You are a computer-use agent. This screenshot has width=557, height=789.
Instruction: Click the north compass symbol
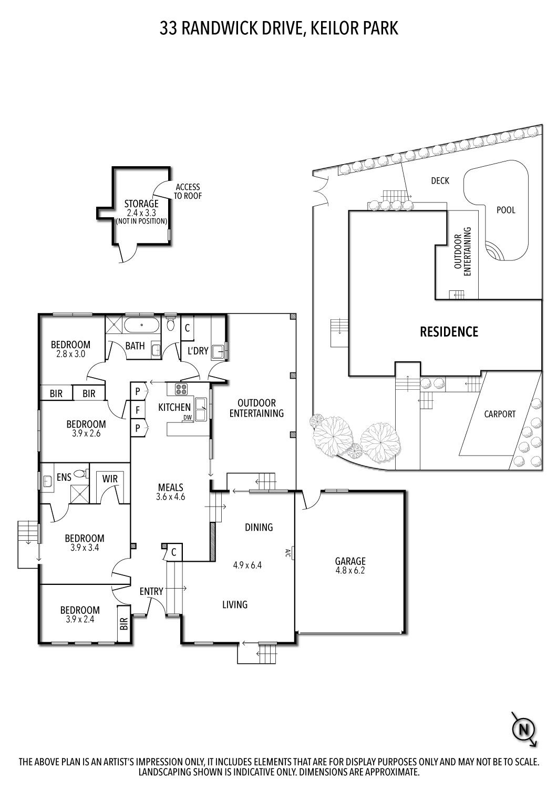[x=523, y=729]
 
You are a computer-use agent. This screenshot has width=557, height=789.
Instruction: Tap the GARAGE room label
[x=351, y=561]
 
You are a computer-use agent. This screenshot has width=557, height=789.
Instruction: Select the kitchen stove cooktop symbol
[x=181, y=390]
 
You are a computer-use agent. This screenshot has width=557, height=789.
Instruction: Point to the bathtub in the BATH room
[x=141, y=325]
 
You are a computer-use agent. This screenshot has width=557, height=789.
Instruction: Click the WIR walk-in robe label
[x=110, y=479]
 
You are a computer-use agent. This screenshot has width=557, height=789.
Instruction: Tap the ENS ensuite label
[x=64, y=477]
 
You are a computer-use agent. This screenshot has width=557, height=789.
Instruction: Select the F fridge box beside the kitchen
[x=138, y=409]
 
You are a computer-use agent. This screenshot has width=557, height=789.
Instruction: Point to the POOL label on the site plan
[x=506, y=210]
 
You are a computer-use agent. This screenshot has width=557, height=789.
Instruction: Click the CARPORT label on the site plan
[x=499, y=414]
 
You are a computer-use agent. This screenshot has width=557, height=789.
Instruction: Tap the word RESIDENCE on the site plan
[x=449, y=332]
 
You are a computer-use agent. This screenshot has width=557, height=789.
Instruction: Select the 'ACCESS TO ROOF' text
[x=188, y=191]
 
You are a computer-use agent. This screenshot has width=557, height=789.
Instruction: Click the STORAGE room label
[x=141, y=204]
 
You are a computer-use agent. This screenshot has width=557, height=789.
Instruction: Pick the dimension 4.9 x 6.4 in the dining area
[x=247, y=566]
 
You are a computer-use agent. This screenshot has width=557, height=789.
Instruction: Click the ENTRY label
[x=151, y=592]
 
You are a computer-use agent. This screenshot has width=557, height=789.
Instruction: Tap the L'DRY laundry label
[x=198, y=351]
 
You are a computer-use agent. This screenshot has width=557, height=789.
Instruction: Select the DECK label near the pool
[x=440, y=181]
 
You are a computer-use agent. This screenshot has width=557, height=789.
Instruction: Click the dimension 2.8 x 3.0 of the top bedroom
[x=70, y=355]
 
